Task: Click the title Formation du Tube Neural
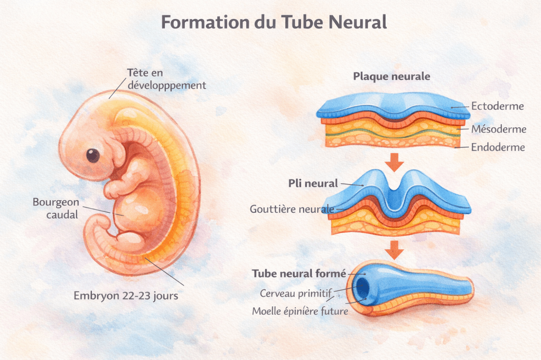(x=274, y=23)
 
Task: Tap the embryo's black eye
(x=93, y=155)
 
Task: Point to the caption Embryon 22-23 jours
(x=125, y=296)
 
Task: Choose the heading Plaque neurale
(x=391, y=76)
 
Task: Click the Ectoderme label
(x=497, y=106)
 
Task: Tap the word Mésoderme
(x=499, y=129)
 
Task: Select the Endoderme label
(x=498, y=147)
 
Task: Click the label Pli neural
(x=313, y=184)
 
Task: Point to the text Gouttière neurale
(x=292, y=209)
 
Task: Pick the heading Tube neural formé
(x=299, y=273)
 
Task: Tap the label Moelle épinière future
(x=300, y=311)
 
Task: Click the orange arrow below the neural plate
(x=394, y=162)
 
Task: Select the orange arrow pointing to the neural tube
(x=394, y=249)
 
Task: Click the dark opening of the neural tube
(x=363, y=288)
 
